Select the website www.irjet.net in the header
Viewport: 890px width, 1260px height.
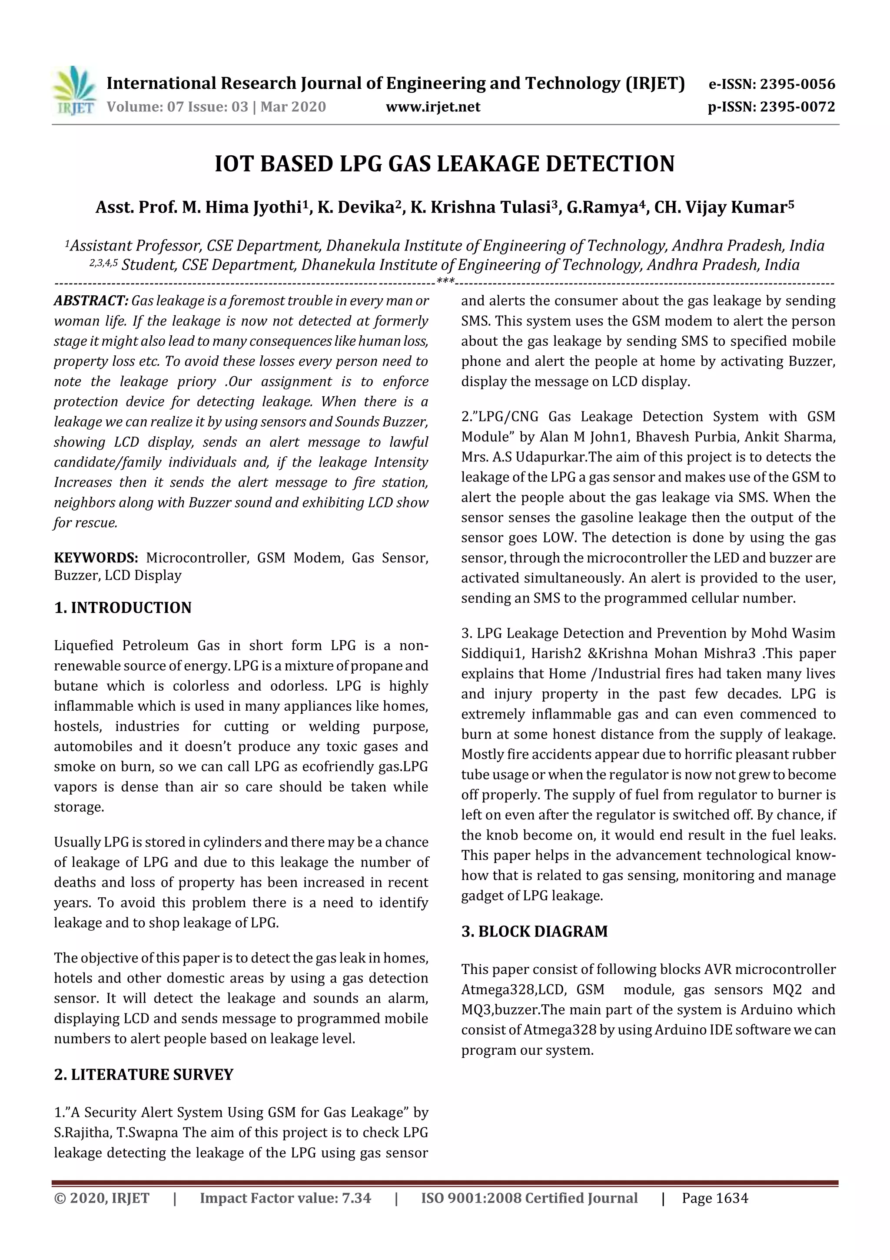pyautogui.click(x=433, y=107)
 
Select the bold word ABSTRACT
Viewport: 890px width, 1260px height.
pyautogui.click(x=90, y=301)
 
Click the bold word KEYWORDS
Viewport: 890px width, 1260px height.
pyautogui.click(x=96, y=558)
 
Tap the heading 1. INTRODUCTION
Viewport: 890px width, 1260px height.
pyautogui.click(x=123, y=608)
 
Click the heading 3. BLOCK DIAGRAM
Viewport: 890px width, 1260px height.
pyautogui.click(x=534, y=932)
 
